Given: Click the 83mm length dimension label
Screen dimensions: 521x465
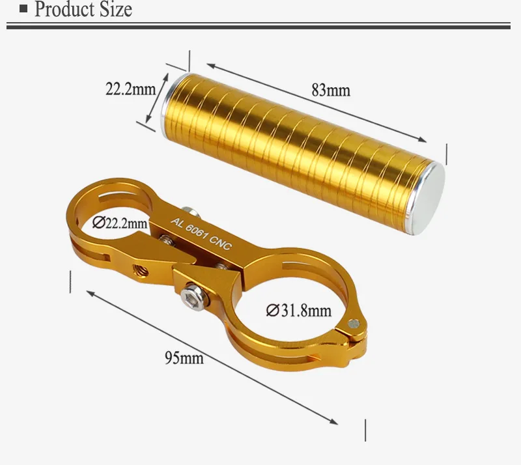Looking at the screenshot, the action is (x=331, y=90).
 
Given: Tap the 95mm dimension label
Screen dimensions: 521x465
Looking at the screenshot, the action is (x=184, y=358).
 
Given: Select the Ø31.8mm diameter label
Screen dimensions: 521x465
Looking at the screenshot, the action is (x=299, y=311).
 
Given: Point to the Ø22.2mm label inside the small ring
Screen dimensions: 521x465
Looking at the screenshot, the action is (x=120, y=223).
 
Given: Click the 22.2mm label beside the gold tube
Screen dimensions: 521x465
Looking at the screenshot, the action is (x=131, y=89).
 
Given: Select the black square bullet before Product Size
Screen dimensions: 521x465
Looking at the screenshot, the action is (x=23, y=8).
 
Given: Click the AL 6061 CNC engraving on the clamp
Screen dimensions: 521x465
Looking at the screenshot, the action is (x=201, y=234).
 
